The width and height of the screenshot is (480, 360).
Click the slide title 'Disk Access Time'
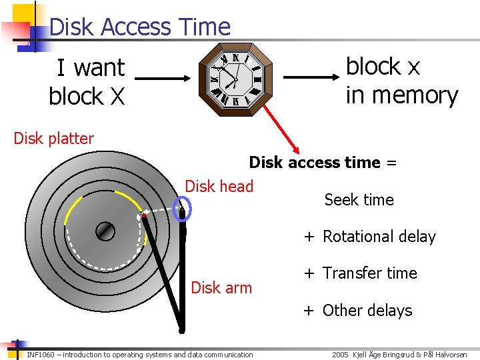[x=139, y=27]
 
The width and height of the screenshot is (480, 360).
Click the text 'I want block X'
[x=87, y=81]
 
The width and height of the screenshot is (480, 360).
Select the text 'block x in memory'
[x=401, y=81]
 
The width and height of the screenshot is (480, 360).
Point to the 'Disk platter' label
[x=54, y=139]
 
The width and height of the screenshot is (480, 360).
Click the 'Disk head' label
[x=219, y=186]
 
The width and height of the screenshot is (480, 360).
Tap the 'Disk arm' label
[x=221, y=288]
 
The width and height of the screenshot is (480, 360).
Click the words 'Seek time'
[x=359, y=199]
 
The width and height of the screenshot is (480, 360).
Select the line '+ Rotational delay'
[x=370, y=237]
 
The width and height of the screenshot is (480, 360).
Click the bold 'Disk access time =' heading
[x=323, y=163]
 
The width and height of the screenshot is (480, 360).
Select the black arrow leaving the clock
[x=313, y=79]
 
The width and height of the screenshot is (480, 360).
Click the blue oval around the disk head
[x=181, y=208]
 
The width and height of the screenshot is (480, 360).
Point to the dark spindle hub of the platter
[x=105, y=231]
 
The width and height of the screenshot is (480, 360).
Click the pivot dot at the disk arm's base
[x=181, y=329]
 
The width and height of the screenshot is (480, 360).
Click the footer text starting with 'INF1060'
[x=140, y=355]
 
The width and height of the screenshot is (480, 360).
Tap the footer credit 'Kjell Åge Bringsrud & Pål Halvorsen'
[x=412, y=355]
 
